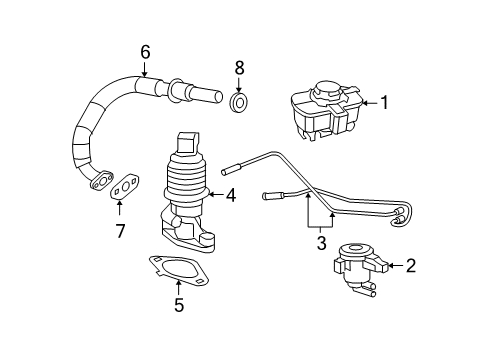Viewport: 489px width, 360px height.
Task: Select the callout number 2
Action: click(x=410, y=265)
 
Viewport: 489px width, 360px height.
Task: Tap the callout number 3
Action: click(x=322, y=243)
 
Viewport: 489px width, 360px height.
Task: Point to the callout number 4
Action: click(x=230, y=196)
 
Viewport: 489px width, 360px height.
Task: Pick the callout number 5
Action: click(x=179, y=305)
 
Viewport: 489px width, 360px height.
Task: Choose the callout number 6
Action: click(x=145, y=52)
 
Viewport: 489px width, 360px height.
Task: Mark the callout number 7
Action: click(x=119, y=232)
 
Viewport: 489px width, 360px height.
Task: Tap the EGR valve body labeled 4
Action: click(x=187, y=195)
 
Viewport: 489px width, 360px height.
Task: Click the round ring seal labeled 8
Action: click(x=239, y=103)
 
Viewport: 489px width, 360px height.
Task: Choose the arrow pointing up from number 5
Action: click(x=179, y=287)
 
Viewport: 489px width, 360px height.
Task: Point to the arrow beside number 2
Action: click(x=393, y=265)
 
